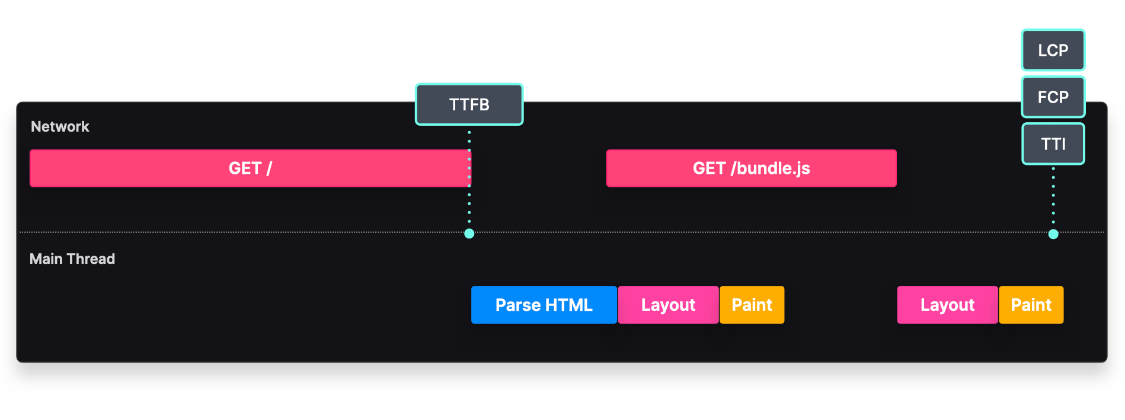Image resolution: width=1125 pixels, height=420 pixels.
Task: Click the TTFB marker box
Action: (469, 104)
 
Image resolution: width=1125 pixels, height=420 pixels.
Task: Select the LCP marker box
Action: (1053, 50)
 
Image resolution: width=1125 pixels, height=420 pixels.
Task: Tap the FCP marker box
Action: (1053, 97)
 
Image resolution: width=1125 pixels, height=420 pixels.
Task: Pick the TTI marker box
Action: (1053, 144)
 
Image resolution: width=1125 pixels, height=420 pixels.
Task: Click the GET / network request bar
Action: (250, 168)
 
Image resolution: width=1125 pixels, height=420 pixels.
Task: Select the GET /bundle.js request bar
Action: (751, 168)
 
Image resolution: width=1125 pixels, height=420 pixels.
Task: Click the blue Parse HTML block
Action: (544, 305)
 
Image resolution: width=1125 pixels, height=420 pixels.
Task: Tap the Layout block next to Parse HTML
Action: (668, 305)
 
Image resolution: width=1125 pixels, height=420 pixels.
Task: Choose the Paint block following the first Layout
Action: (752, 305)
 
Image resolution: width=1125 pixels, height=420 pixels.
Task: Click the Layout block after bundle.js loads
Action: (947, 305)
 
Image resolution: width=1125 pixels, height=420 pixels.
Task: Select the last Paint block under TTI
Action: (1031, 305)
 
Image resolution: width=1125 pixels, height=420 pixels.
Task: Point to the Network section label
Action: (60, 126)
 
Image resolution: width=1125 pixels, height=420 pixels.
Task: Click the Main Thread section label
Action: (72, 259)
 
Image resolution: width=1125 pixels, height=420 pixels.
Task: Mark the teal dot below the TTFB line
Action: (469, 234)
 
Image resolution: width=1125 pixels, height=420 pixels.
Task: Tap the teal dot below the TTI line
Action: (1053, 234)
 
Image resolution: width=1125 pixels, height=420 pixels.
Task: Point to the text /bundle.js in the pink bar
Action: (771, 168)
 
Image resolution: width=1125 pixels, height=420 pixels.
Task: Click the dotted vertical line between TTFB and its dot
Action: (469, 202)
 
